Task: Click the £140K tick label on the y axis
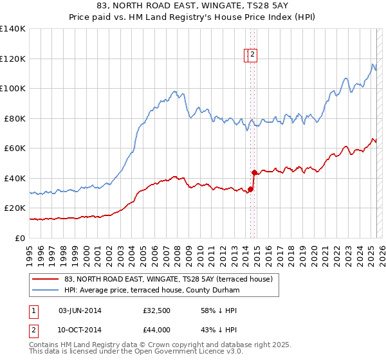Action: pos(12,29)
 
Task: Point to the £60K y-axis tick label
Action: pos(15,148)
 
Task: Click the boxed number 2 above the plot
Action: pos(253,55)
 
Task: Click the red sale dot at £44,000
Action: pos(254,172)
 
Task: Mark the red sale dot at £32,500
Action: pos(250,189)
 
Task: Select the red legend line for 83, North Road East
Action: pos(46,279)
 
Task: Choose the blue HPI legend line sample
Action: pos(46,291)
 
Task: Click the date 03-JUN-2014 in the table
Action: pos(80,310)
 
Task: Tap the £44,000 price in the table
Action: pos(156,329)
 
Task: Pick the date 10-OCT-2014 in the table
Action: pos(80,329)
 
